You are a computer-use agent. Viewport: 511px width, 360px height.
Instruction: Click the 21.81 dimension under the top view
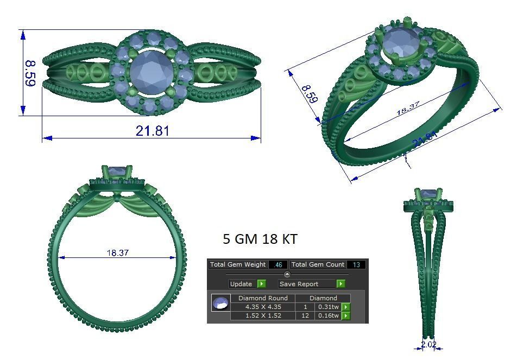[x=153, y=131]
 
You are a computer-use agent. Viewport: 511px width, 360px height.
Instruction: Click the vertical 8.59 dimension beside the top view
[x=30, y=73]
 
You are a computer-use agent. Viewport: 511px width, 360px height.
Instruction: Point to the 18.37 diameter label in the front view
[x=117, y=253]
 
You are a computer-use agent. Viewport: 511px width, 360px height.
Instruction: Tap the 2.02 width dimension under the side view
[x=428, y=344]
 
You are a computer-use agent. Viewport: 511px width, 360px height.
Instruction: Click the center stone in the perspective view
[x=401, y=41]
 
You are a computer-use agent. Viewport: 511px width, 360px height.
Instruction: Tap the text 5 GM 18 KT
[x=260, y=239]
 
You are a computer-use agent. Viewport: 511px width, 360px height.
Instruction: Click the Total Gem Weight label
[x=238, y=264]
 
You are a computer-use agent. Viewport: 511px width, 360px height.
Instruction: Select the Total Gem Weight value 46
[x=278, y=265]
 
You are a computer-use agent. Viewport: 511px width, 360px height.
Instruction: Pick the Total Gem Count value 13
[x=356, y=265]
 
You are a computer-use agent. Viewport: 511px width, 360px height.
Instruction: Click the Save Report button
[x=307, y=284]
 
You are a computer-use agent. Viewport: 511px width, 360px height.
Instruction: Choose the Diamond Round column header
[x=263, y=298]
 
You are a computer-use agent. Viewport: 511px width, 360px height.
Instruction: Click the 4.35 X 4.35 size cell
[x=263, y=307]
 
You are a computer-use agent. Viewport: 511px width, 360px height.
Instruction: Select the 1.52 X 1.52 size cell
[x=263, y=315]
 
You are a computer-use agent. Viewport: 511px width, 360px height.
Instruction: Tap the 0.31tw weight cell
[x=327, y=307]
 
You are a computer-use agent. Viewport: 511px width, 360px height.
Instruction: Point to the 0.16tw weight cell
[x=327, y=315]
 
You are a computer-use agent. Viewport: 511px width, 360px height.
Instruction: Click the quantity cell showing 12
[x=305, y=315]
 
